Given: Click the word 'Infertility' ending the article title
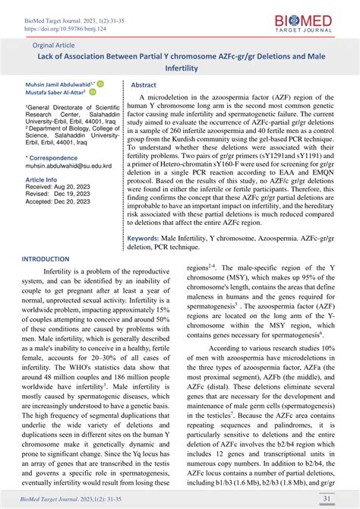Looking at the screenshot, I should click(x=180, y=66).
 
